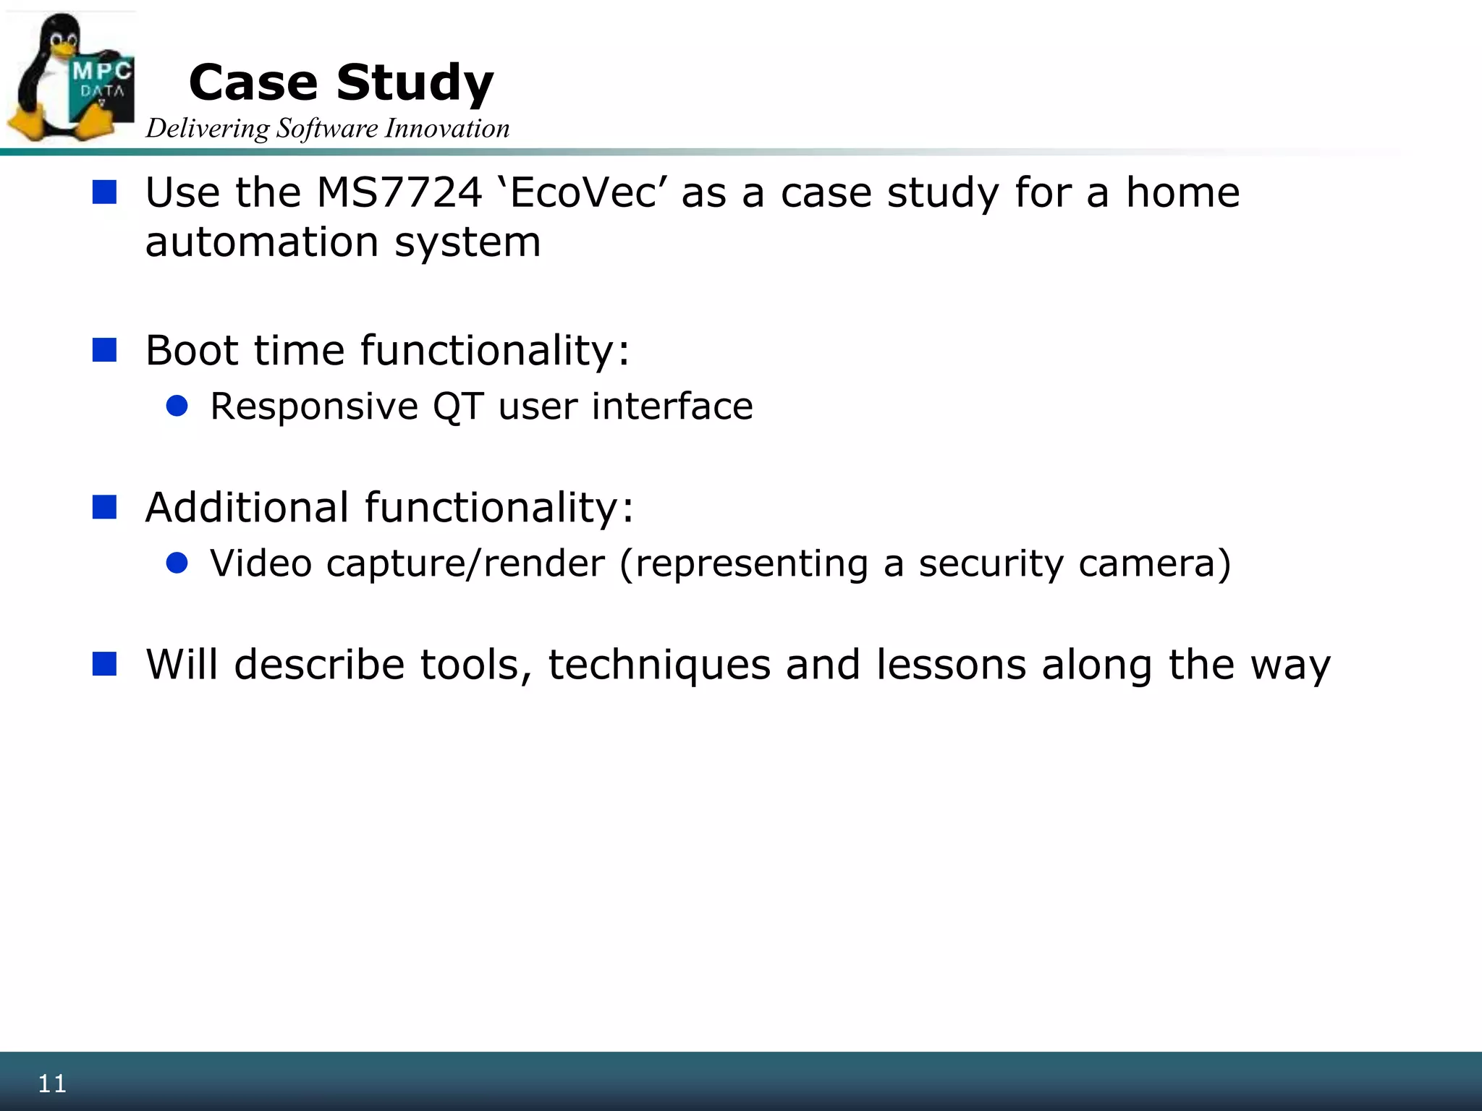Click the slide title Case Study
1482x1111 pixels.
pos(341,82)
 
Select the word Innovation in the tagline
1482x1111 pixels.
pos(447,129)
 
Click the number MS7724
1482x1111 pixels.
pos(399,193)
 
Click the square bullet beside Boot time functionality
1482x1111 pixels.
pos(105,350)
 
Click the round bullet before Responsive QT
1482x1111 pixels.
pos(177,406)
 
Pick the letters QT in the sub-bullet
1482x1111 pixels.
pos(458,406)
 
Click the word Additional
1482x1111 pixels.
pos(247,508)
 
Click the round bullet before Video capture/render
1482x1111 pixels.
pos(177,563)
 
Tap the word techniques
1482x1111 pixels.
pos(659,665)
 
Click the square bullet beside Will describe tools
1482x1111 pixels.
pos(105,664)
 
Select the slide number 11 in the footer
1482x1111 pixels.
pos(52,1084)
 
